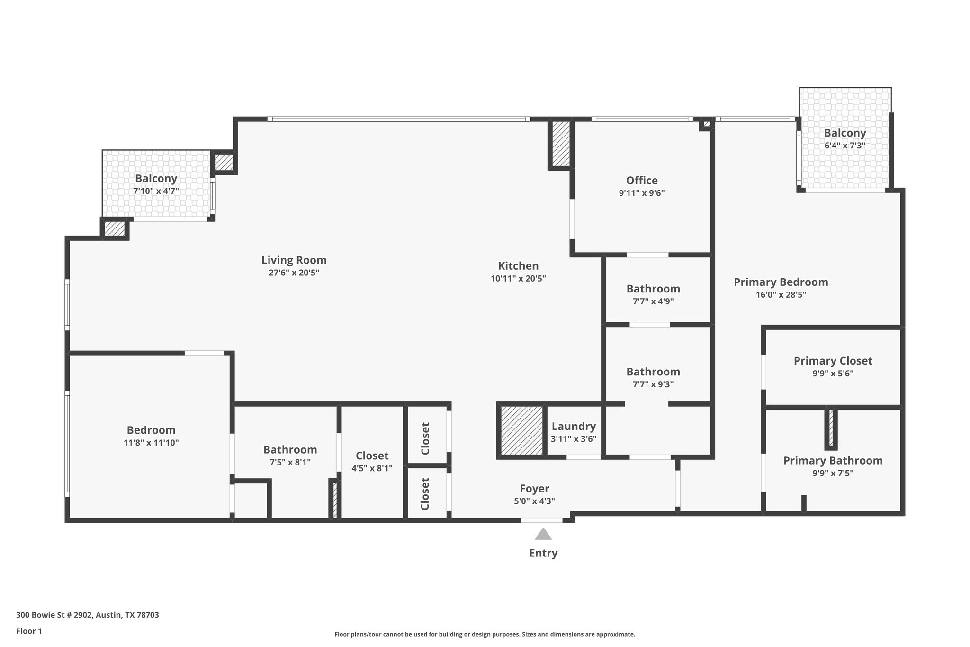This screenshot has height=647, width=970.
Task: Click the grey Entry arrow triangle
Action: [x=543, y=535]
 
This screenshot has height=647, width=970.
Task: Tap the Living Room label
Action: [x=294, y=260]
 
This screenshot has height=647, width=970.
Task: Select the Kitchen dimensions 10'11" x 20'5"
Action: [x=518, y=279]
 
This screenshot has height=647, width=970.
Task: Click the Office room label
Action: [x=642, y=181]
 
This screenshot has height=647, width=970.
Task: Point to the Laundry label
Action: [x=574, y=426]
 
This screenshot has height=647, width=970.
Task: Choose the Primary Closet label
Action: [x=833, y=361]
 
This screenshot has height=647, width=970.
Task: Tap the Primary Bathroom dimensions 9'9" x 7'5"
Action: [x=833, y=473]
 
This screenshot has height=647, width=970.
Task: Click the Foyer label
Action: [x=534, y=489]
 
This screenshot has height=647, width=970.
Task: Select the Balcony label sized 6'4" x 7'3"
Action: [x=844, y=133]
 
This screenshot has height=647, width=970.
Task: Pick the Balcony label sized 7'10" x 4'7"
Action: [x=156, y=179]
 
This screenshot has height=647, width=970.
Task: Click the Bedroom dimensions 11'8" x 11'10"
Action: [x=151, y=443]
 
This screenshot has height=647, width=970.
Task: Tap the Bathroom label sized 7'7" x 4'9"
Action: [x=653, y=289]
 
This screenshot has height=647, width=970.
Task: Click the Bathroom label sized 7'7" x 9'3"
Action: [x=653, y=372]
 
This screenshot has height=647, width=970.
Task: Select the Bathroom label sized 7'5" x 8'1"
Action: [x=290, y=449]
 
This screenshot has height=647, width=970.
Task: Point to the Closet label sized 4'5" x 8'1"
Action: [x=372, y=456]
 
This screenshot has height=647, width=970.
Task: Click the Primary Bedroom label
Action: [x=781, y=282]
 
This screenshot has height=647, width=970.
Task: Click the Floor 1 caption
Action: [x=29, y=631]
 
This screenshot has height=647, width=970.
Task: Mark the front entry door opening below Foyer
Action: [x=542, y=520]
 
